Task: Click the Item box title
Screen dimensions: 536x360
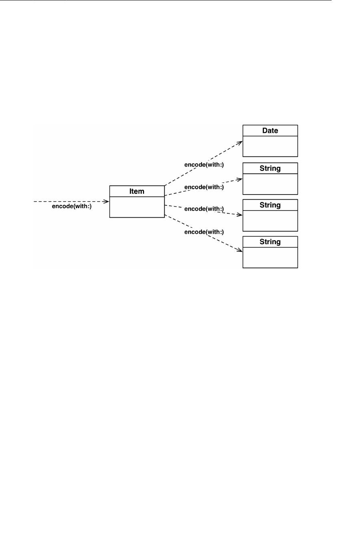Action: click(137, 191)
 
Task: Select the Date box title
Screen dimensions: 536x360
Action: click(270, 130)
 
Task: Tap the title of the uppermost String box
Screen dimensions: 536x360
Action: click(270, 168)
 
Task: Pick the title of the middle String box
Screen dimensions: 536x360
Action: click(270, 205)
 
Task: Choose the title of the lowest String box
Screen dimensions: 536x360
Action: click(270, 242)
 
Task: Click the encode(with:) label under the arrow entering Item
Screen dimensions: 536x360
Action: click(72, 207)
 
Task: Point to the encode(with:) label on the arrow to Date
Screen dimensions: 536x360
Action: click(204, 165)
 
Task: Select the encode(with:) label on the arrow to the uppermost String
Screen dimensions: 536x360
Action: click(204, 187)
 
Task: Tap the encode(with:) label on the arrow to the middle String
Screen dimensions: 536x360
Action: click(204, 209)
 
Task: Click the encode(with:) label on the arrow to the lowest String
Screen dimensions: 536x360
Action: click(204, 232)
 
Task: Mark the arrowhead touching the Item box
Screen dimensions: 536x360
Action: click(107, 202)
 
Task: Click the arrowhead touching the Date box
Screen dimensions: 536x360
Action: click(240, 142)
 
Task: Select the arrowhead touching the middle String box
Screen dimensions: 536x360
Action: click(240, 215)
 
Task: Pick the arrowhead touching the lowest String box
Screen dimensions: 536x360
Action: click(240, 250)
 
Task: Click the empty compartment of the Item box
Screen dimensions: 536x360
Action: click(137, 207)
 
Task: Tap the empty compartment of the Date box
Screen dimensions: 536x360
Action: click(270, 146)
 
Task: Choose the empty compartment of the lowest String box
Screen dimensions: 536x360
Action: click(270, 257)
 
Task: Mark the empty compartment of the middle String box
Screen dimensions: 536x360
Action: click(270, 221)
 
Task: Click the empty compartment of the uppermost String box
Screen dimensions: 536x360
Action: click(270, 184)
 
